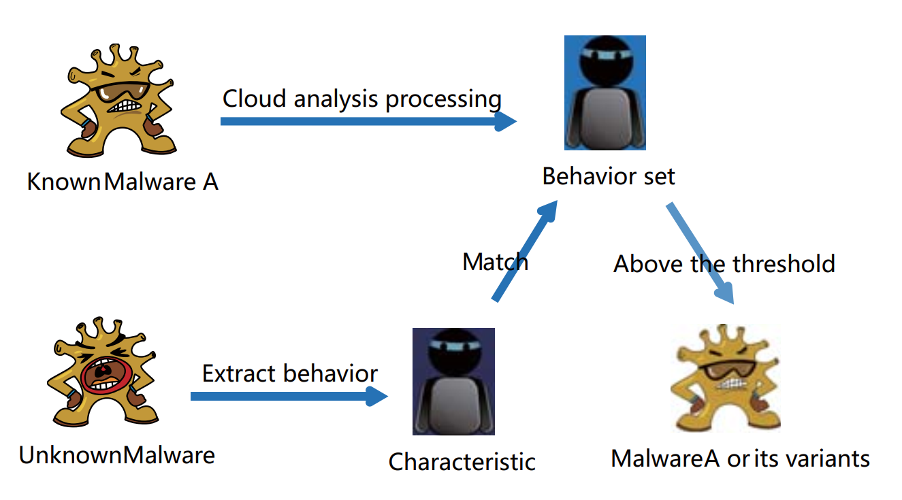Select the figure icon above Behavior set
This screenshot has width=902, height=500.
pyautogui.click(x=605, y=93)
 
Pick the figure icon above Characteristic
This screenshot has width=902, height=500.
pyautogui.click(x=453, y=381)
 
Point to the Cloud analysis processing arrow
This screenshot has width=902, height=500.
pyautogui.click(x=368, y=122)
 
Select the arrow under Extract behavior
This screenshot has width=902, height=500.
pyautogui.click(x=289, y=396)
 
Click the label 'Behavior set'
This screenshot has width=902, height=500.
pyautogui.click(x=609, y=177)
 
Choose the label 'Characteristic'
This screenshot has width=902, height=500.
pyautogui.click(x=462, y=462)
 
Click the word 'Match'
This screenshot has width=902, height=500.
pyautogui.click(x=495, y=262)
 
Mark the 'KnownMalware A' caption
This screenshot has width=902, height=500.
pyautogui.click(x=123, y=182)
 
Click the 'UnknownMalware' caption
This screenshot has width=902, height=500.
pyautogui.click(x=116, y=455)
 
